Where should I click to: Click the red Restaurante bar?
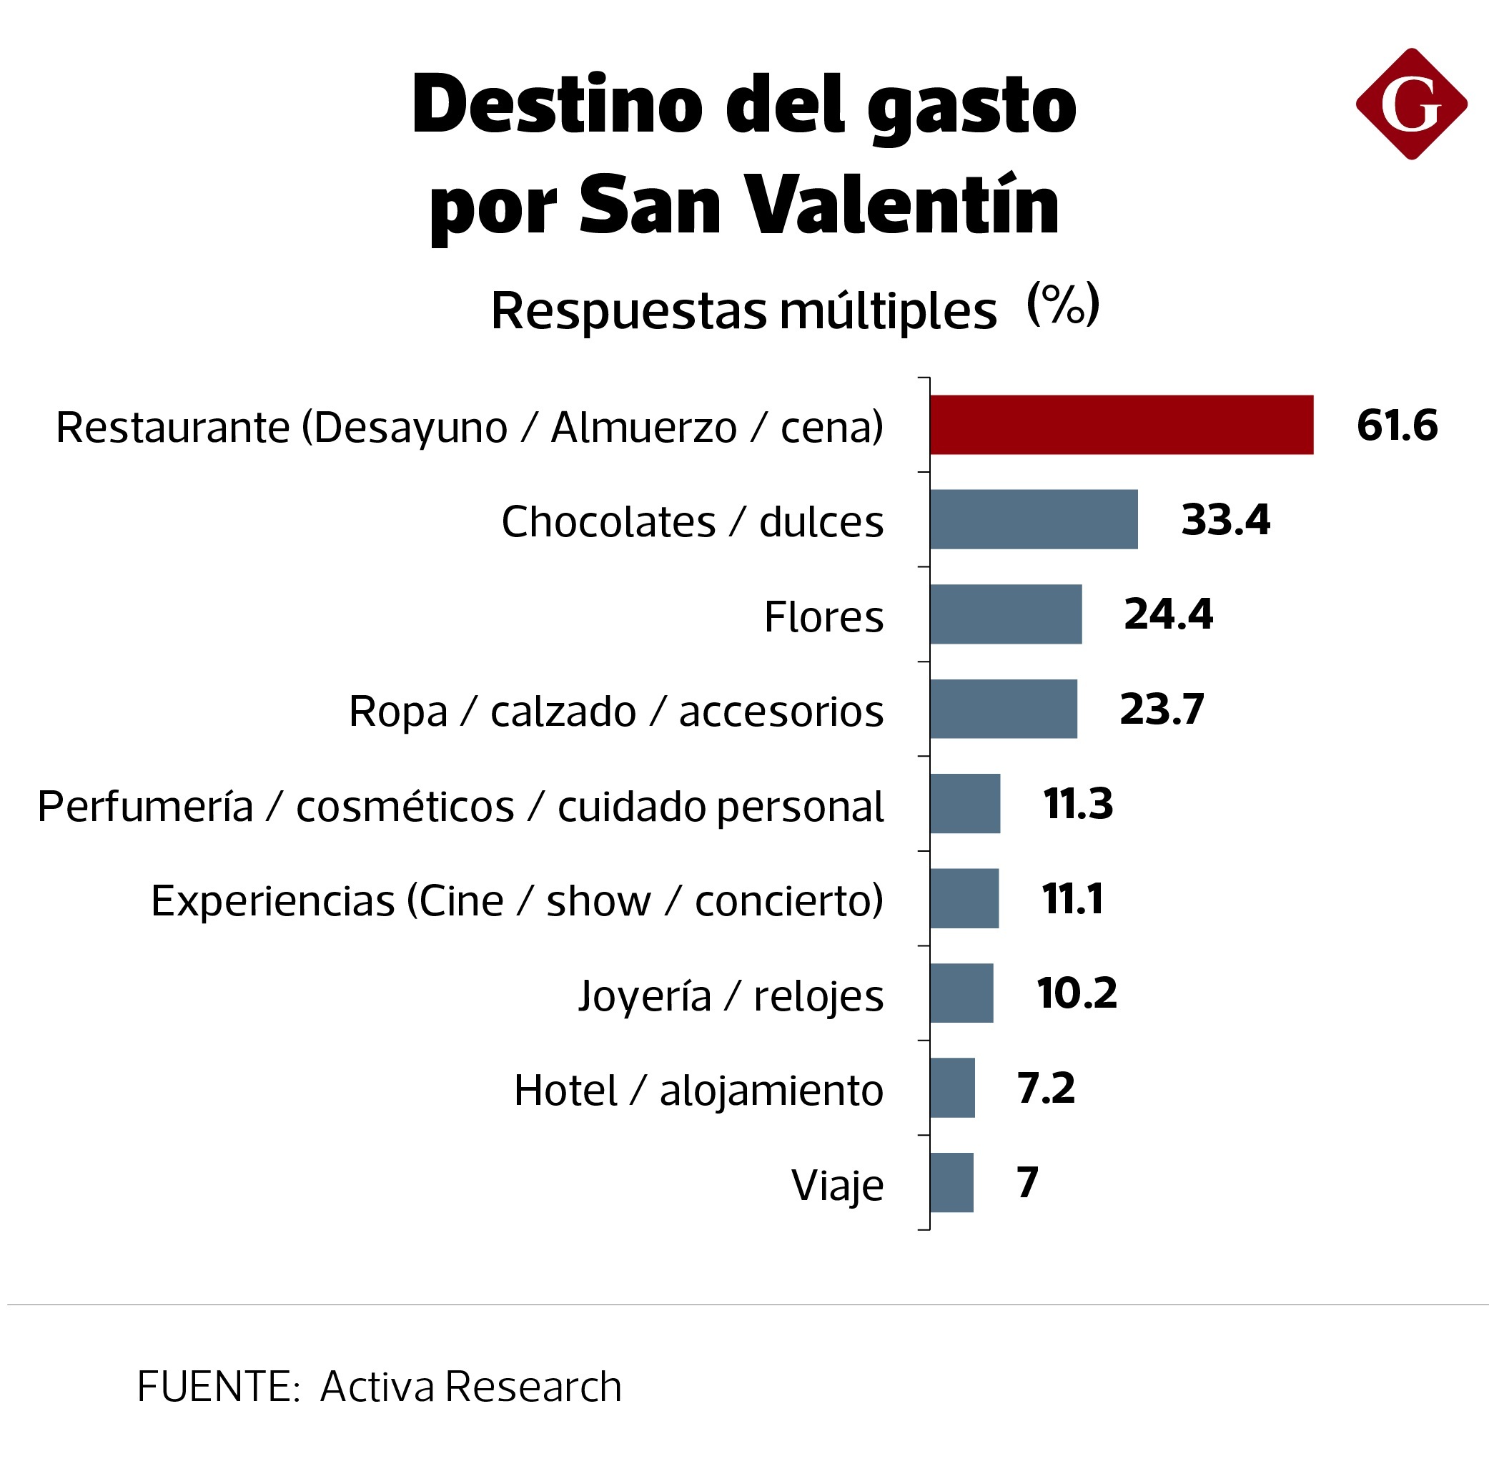[1121, 425]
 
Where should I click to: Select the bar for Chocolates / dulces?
[1033, 519]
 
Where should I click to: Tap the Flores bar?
[1005, 614]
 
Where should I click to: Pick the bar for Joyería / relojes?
[961, 993]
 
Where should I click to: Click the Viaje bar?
[951, 1182]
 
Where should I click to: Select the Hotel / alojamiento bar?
[952, 1087]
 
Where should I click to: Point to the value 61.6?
[1396, 425]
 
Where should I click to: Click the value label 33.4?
[1225, 519]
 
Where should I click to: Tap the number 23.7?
[1161, 709]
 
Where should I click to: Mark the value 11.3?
[1077, 803]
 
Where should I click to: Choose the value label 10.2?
[1076, 993]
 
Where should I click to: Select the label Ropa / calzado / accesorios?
[615, 711]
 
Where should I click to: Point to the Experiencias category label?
[516, 900]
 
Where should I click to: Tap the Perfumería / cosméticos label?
[460, 807]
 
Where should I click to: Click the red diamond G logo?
[1410, 104]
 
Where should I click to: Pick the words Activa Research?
[470, 1387]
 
